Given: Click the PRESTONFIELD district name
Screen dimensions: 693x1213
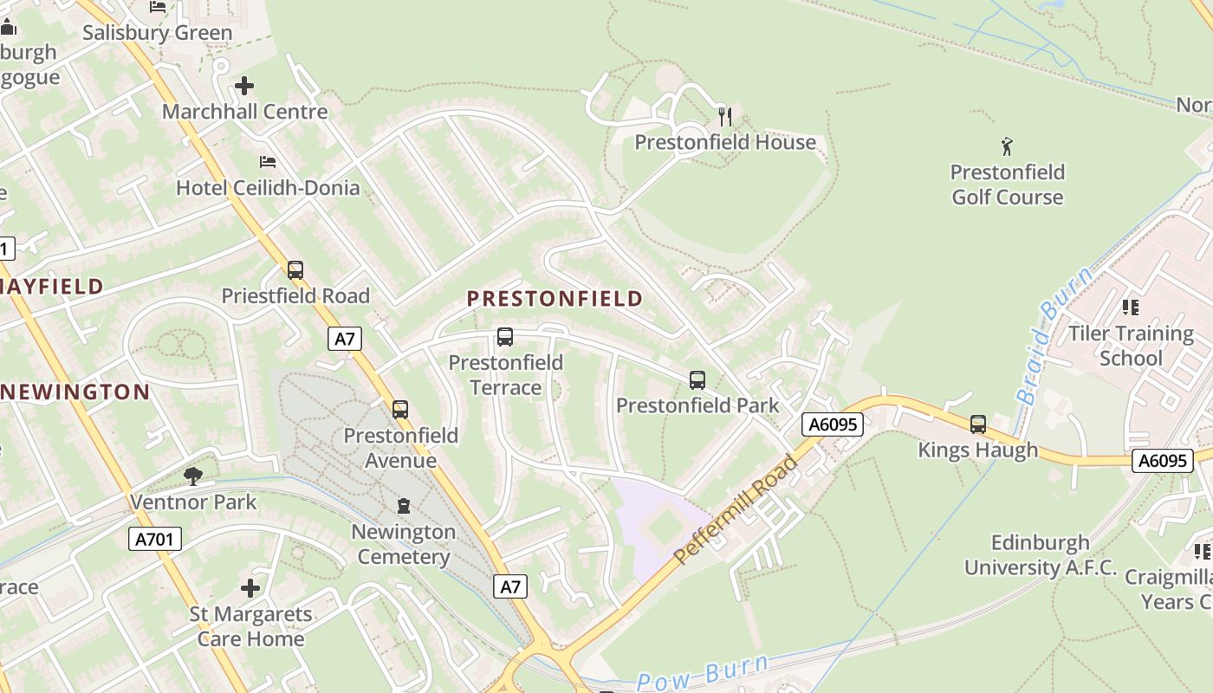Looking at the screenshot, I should tap(555, 299).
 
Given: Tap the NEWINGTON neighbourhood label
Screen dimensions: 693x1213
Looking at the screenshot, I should tap(75, 392).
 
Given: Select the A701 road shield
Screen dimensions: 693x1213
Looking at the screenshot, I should tap(156, 539).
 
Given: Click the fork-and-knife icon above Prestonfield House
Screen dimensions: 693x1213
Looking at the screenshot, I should tap(725, 116).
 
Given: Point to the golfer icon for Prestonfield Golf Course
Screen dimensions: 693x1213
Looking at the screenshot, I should tap(1006, 146).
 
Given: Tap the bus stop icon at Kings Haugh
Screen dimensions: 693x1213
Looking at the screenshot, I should tap(978, 424).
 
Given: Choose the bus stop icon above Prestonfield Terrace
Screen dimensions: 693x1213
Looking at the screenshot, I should tap(505, 337).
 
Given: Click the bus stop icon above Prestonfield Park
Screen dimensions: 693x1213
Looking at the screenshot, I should tap(697, 379).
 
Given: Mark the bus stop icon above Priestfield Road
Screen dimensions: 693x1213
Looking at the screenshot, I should tap(295, 270).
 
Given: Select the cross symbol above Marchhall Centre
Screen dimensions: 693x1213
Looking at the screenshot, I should tap(245, 86).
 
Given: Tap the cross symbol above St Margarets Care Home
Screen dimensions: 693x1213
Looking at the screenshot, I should tap(250, 588).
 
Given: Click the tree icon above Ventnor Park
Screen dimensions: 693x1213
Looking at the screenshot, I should tap(193, 476).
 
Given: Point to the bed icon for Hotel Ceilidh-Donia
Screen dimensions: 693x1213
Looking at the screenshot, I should tap(268, 162).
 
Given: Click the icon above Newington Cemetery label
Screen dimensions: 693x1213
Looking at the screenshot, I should tap(404, 505).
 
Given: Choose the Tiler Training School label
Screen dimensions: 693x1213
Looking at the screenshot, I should tap(1131, 346).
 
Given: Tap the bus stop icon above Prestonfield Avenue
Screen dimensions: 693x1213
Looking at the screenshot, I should tap(399, 409).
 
